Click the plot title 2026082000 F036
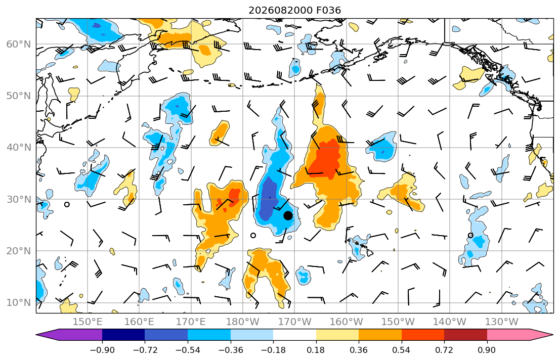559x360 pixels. pyautogui.click(x=294, y=10)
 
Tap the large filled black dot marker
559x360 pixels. pyautogui.click(x=288, y=215)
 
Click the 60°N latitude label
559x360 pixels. pyautogui.click(x=19, y=44)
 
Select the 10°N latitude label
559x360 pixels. pyautogui.click(x=19, y=303)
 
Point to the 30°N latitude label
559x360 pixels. pyautogui.click(x=19, y=199)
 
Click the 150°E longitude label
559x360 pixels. pyautogui.click(x=88, y=322)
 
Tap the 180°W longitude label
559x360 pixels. pyautogui.click(x=243, y=322)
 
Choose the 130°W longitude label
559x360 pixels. pyautogui.click(x=502, y=322)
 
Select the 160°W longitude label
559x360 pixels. pyautogui.click(x=347, y=322)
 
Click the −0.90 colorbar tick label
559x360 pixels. pyautogui.click(x=102, y=350)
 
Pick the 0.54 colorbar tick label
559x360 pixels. pyautogui.click(x=402, y=350)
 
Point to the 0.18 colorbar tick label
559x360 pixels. pyautogui.click(x=316, y=350)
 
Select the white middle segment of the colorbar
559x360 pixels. pyautogui.click(x=294, y=335)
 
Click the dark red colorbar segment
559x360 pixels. pyautogui.click(x=465, y=335)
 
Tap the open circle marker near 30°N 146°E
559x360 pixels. pyautogui.click(x=67, y=205)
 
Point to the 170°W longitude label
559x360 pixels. pyautogui.click(x=294, y=322)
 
